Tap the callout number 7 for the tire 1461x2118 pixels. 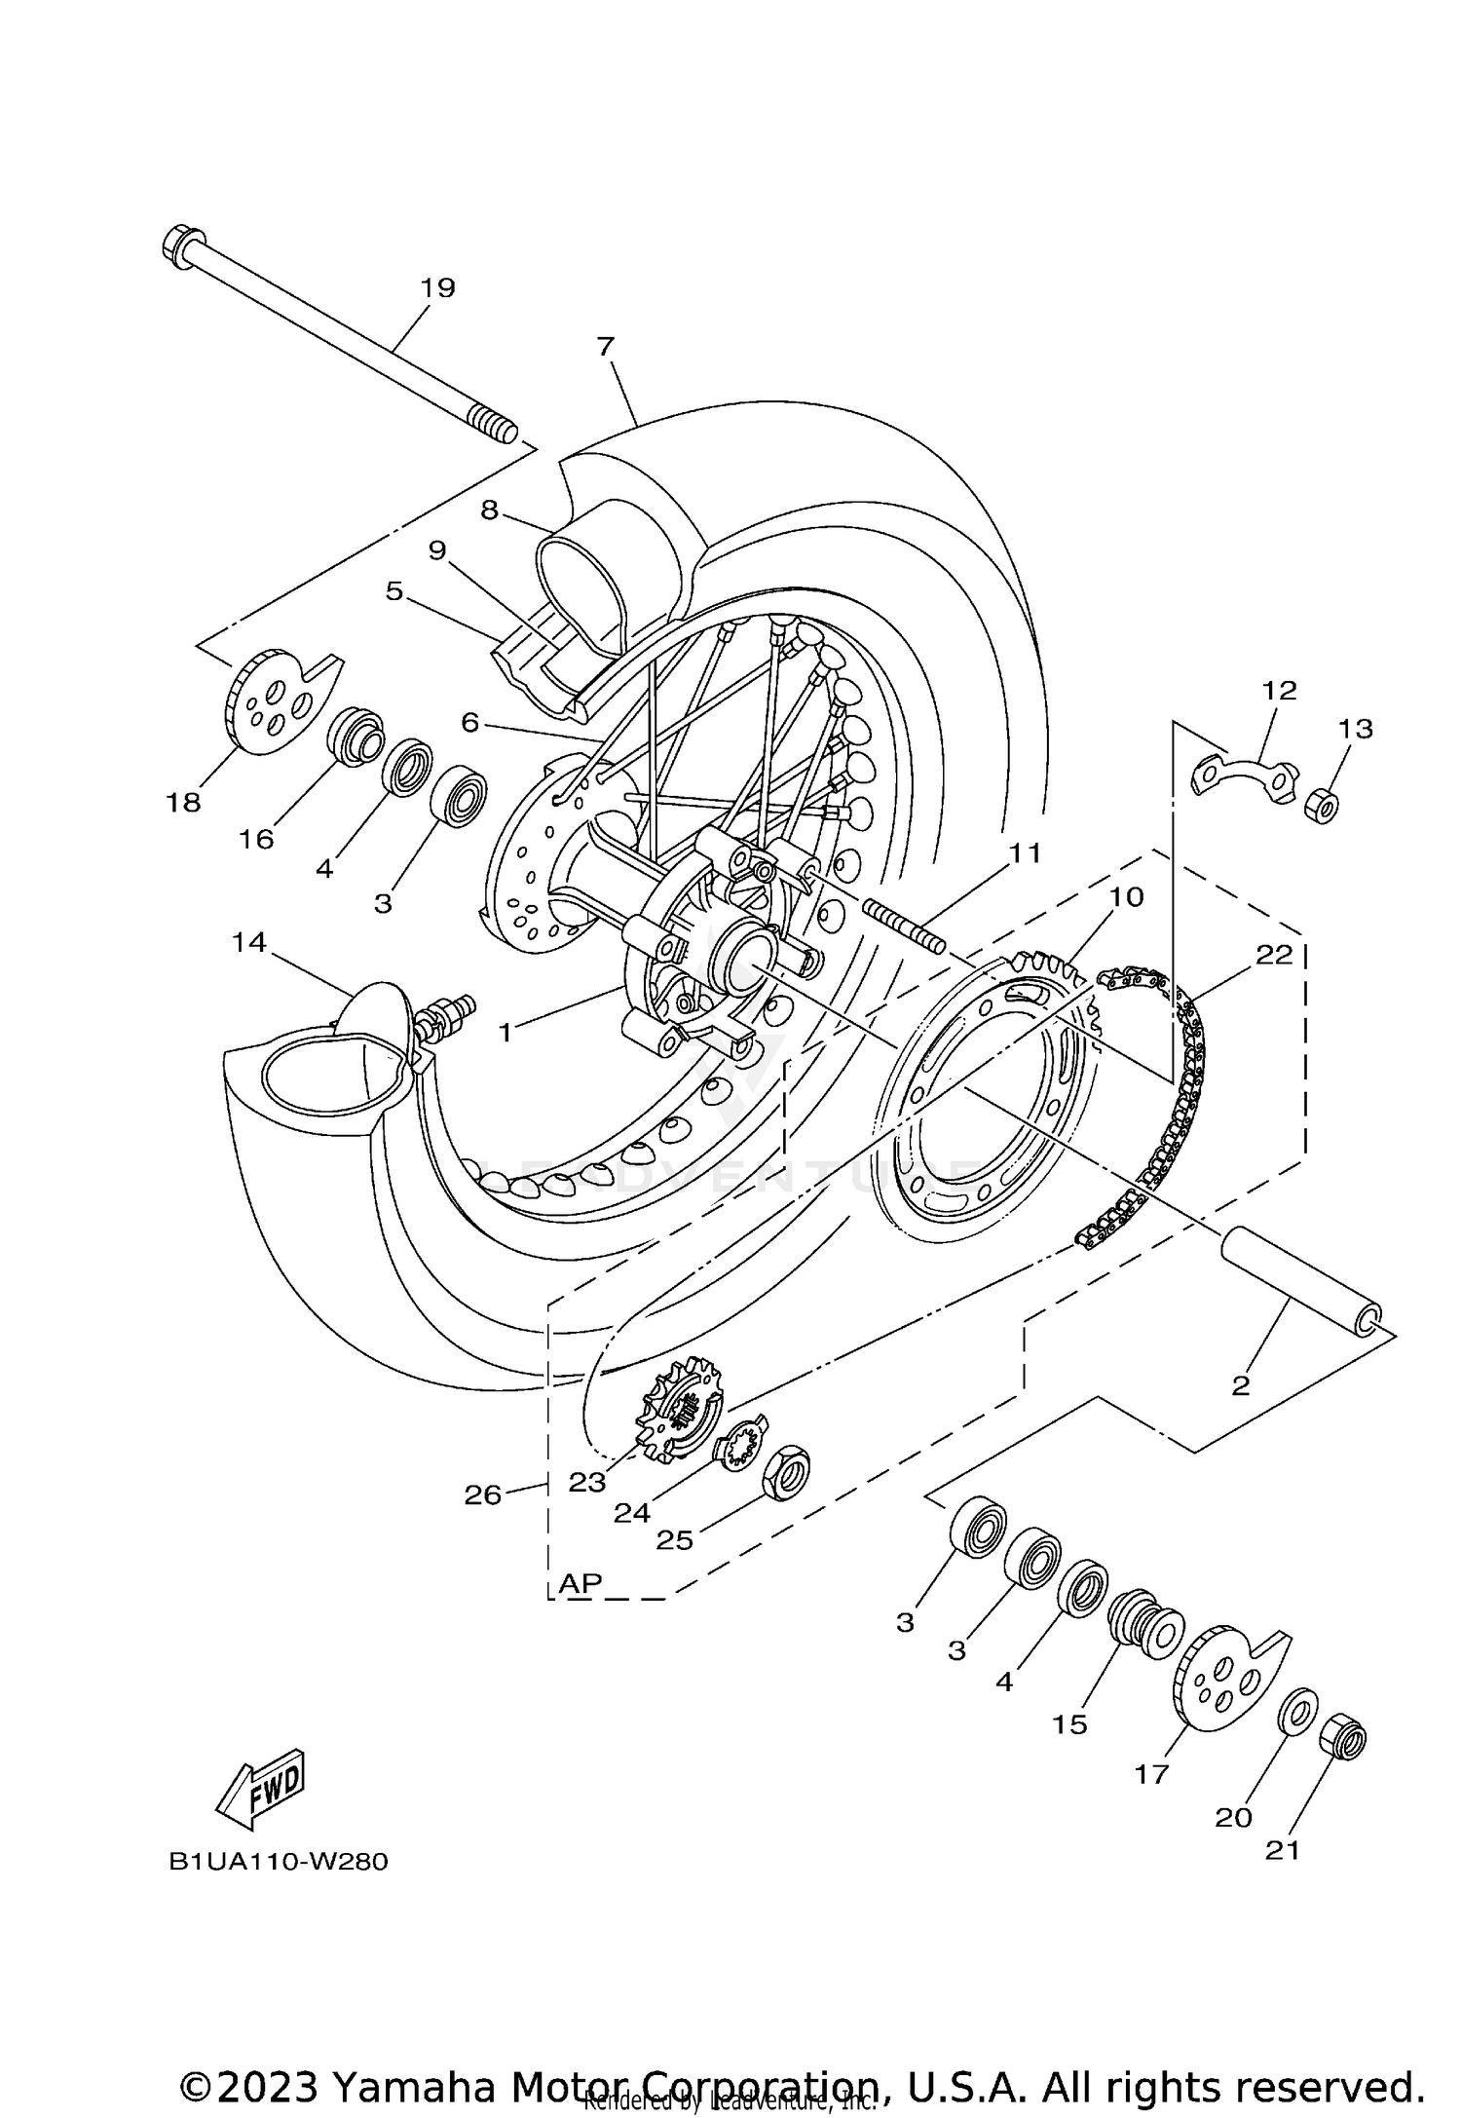[x=606, y=347]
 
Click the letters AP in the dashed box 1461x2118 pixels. [x=581, y=1584]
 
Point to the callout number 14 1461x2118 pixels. [x=249, y=942]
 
